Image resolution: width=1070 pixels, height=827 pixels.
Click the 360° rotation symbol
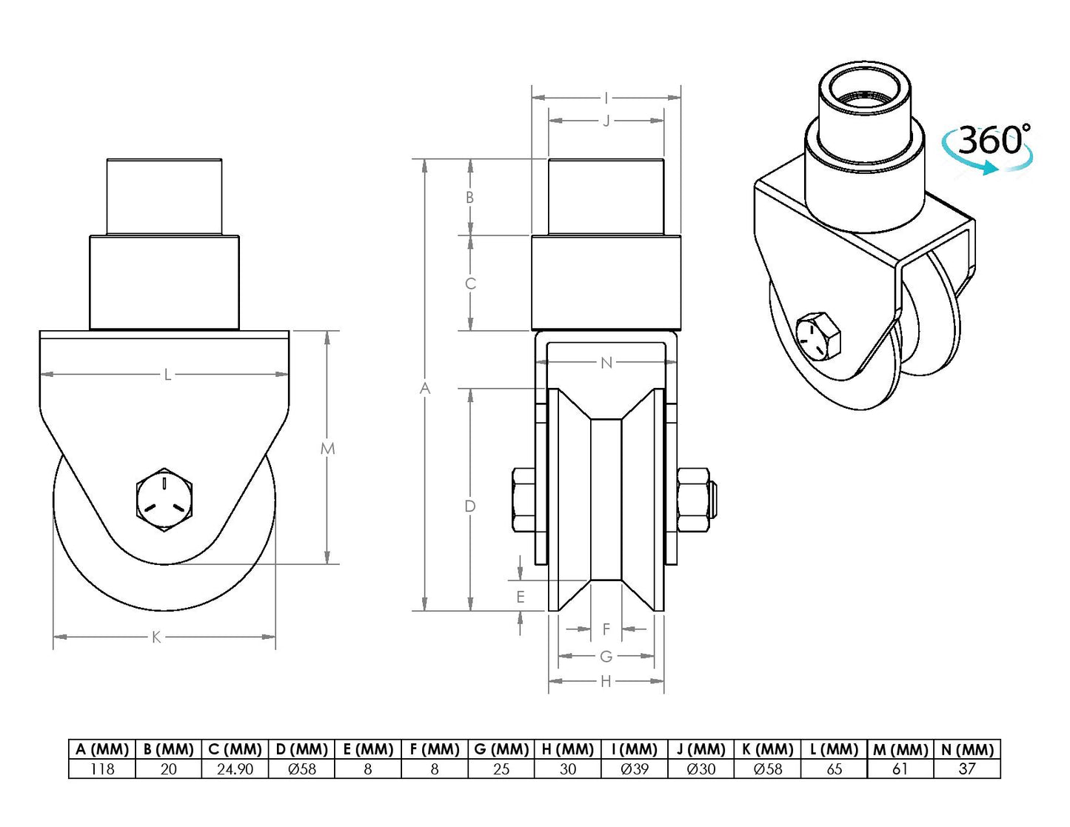[989, 147]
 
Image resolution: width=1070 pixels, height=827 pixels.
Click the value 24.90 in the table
[235, 769]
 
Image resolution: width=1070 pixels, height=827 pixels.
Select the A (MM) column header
[102, 749]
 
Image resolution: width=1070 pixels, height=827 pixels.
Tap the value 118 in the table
[102, 769]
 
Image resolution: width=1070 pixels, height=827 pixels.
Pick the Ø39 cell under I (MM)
[635, 769]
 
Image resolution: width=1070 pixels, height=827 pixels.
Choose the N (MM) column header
[967, 749]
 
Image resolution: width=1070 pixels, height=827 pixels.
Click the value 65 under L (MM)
[834, 769]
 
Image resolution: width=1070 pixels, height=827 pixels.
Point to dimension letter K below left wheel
[156, 637]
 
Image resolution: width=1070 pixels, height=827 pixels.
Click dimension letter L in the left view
[167, 375]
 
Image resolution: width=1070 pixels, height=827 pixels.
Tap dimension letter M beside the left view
[327, 449]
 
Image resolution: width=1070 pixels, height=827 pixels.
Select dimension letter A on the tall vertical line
[424, 388]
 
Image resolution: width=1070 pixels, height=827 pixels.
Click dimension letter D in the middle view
[469, 506]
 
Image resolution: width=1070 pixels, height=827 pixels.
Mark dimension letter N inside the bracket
[606, 363]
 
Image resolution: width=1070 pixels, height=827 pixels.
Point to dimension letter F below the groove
[606, 629]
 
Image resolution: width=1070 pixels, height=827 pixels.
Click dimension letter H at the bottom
[606, 681]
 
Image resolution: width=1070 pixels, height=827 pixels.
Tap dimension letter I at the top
[606, 98]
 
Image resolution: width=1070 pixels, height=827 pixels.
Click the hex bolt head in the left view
[164, 499]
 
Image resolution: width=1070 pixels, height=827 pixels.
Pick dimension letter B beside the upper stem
[469, 198]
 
